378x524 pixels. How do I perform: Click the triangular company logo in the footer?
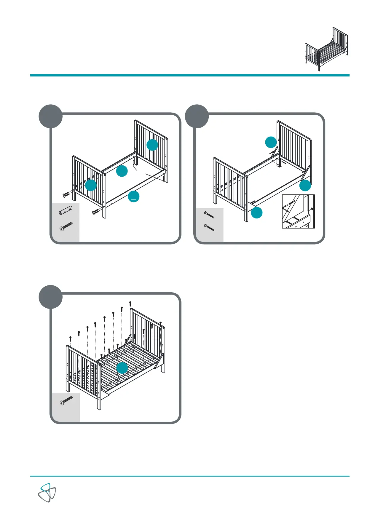[x=47, y=493]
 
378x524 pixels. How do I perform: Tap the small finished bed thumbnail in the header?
[x=326, y=49]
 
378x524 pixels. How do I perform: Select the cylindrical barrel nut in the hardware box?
[x=66, y=210]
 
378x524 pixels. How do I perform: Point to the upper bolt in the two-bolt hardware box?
[x=209, y=215]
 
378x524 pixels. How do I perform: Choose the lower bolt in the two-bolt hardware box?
[x=209, y=227]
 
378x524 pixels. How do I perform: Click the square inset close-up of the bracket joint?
[x=298, y=211]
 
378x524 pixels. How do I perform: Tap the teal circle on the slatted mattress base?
[x=122, y=368]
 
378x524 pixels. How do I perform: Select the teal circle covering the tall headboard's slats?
[x=152, y=145]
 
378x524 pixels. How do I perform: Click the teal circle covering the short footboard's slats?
[x=91, y=185]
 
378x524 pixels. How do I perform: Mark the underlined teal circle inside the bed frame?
[x=122, y=171]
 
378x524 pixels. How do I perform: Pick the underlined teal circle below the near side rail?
[x=134, y=196]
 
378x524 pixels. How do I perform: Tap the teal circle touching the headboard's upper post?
[x=270, y=142]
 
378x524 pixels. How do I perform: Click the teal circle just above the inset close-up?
[x=305, y=186]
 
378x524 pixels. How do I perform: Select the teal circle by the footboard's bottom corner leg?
[x=257, y=213]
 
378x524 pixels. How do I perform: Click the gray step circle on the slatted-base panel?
[x=51, y=297]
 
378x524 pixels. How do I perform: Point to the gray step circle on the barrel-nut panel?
[x=51, y=116]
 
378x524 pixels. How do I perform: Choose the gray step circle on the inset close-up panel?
[x=197, y=116]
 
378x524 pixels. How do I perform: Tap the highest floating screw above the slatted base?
[x=130, y=303]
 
